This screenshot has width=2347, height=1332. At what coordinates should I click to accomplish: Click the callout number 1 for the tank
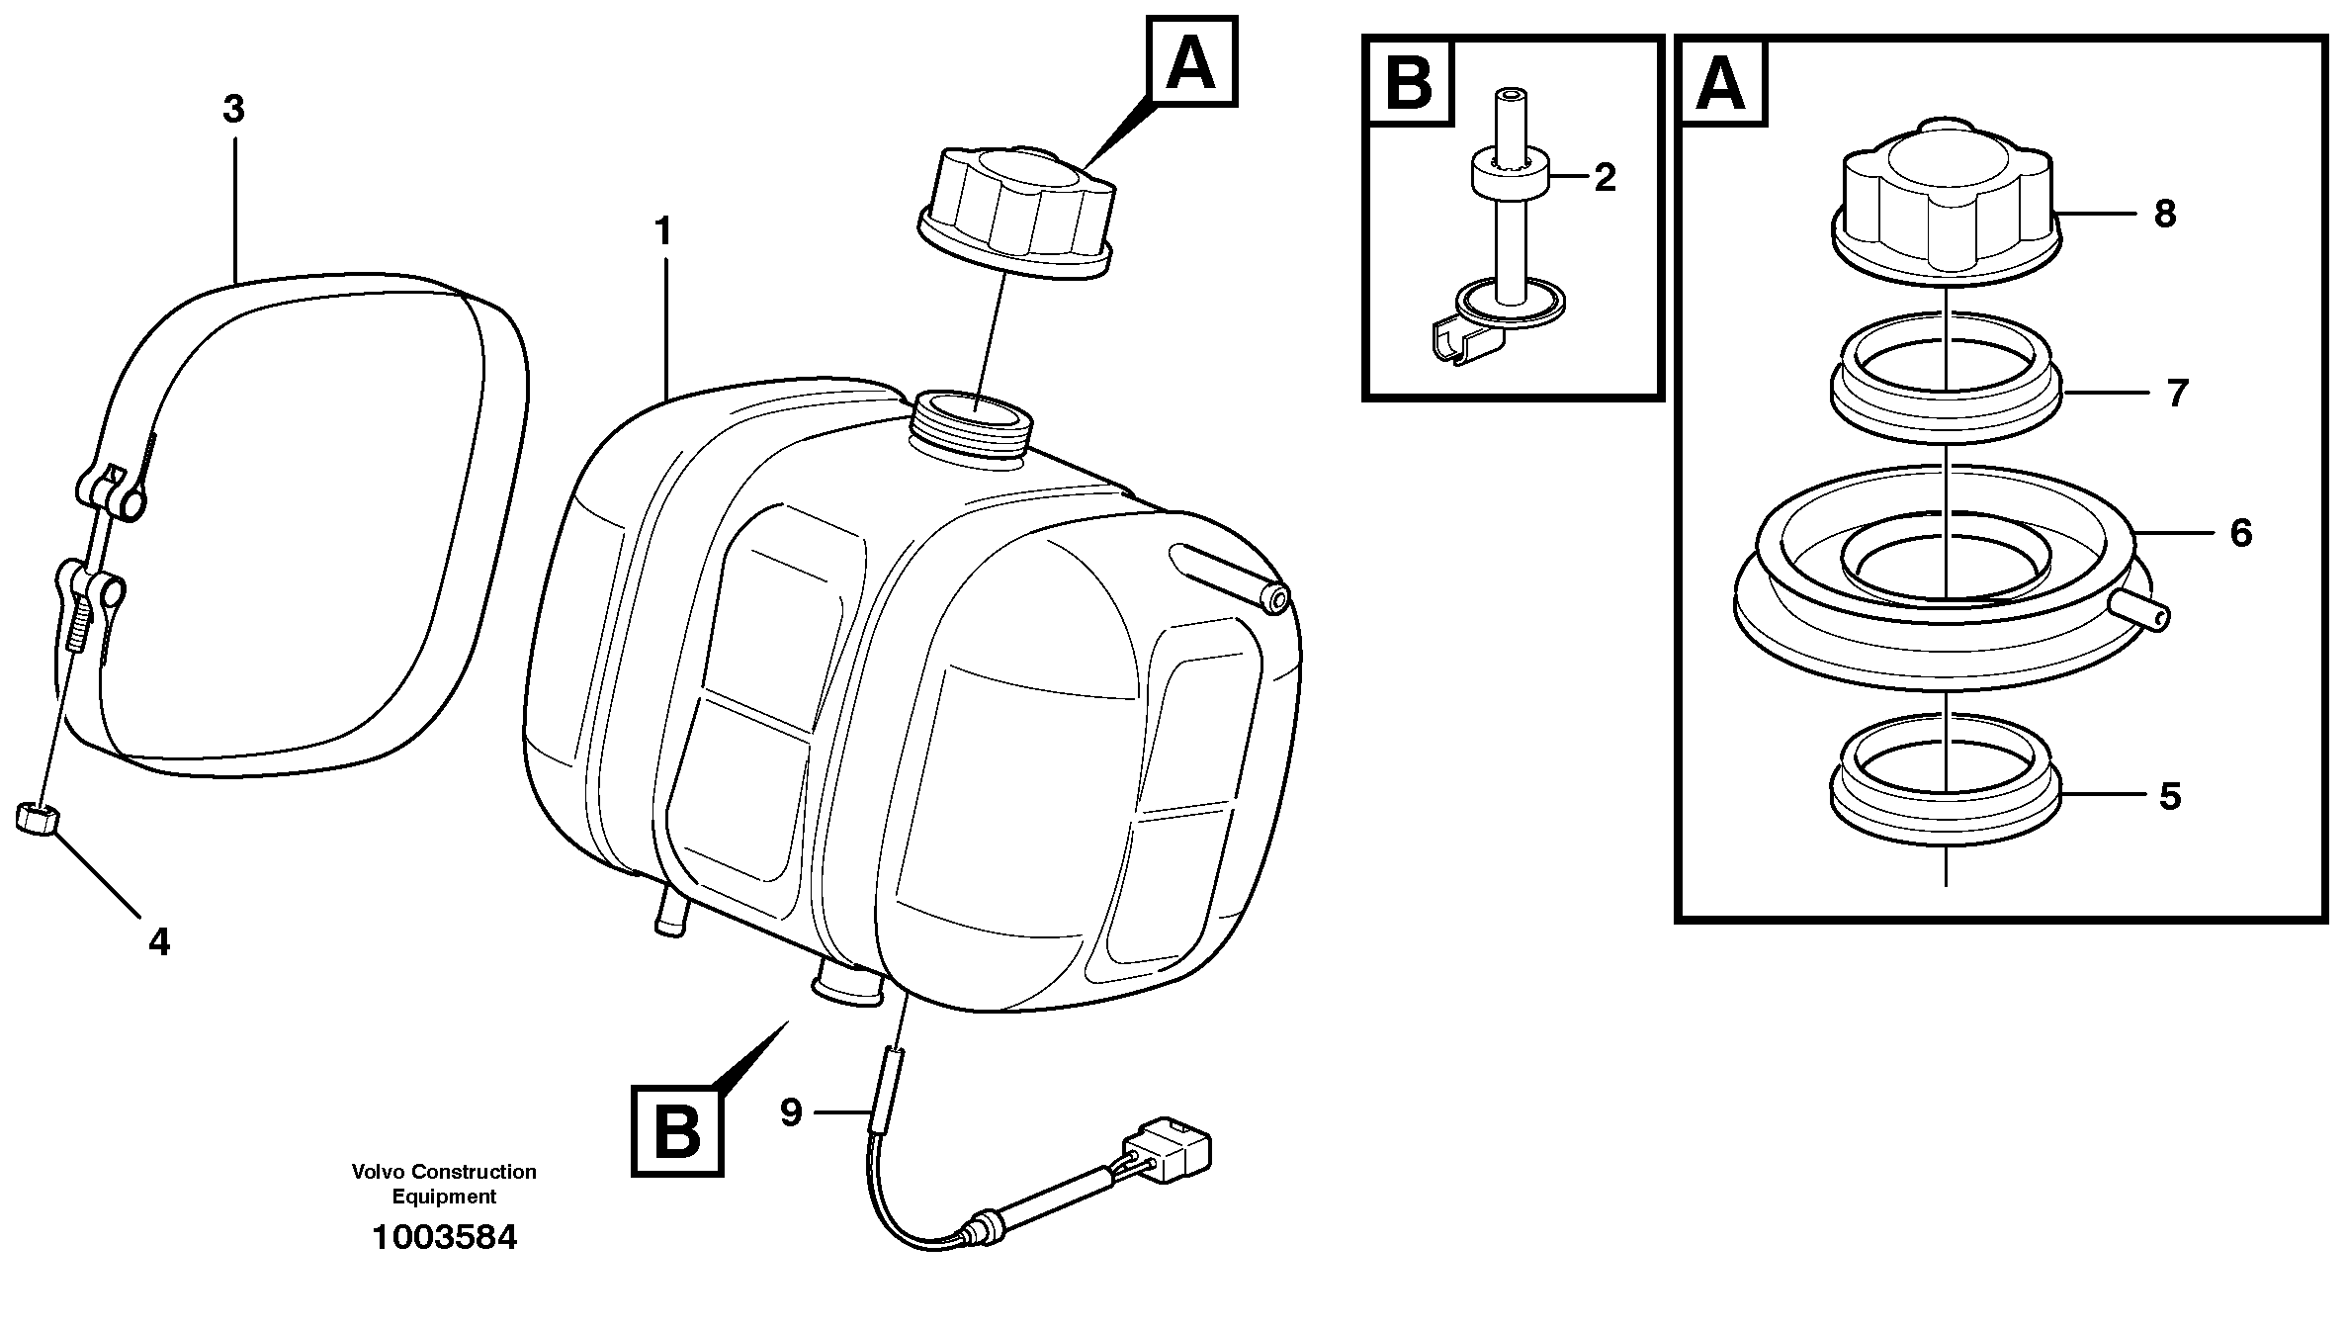[662, 232]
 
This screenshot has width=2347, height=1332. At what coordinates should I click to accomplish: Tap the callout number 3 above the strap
[233, 110]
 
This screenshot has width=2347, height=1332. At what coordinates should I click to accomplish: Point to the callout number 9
[791, 1112]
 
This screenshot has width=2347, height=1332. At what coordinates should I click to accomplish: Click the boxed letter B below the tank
[677, 1131]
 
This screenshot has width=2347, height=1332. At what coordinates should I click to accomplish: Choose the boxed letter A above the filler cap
[1191, 61]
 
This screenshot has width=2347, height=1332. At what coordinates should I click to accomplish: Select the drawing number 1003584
[444, 1238]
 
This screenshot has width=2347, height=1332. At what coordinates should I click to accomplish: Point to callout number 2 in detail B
[1605, 178]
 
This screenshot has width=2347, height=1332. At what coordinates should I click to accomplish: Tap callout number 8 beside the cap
[2164, 215]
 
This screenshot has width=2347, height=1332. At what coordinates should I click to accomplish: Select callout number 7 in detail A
[2177, 394]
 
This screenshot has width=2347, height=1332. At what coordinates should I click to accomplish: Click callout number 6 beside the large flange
[2240, 534]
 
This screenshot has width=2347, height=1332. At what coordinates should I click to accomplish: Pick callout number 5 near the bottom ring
[2169, 796]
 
